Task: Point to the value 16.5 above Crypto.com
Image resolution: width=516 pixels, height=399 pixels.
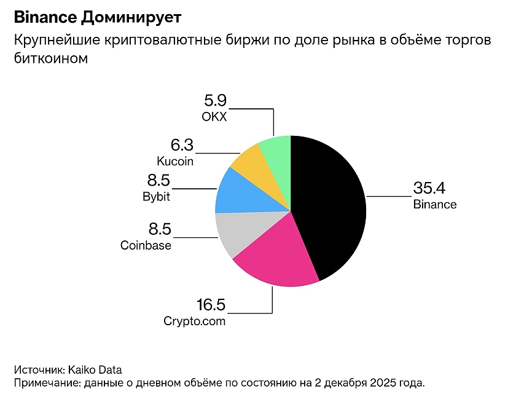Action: click(211, 305)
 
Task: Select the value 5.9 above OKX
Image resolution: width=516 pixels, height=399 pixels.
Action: click(215, 100)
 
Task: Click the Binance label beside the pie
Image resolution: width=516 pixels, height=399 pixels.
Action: click(435, 204)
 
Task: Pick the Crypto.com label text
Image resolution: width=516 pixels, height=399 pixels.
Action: click(195, 321)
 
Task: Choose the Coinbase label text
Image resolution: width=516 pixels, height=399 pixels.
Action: click(146, 245)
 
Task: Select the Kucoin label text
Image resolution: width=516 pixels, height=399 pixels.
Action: click(175, 161)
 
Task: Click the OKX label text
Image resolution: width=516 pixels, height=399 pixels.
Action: click(214, 116)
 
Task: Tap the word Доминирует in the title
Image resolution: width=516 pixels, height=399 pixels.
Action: click(131, 14)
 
